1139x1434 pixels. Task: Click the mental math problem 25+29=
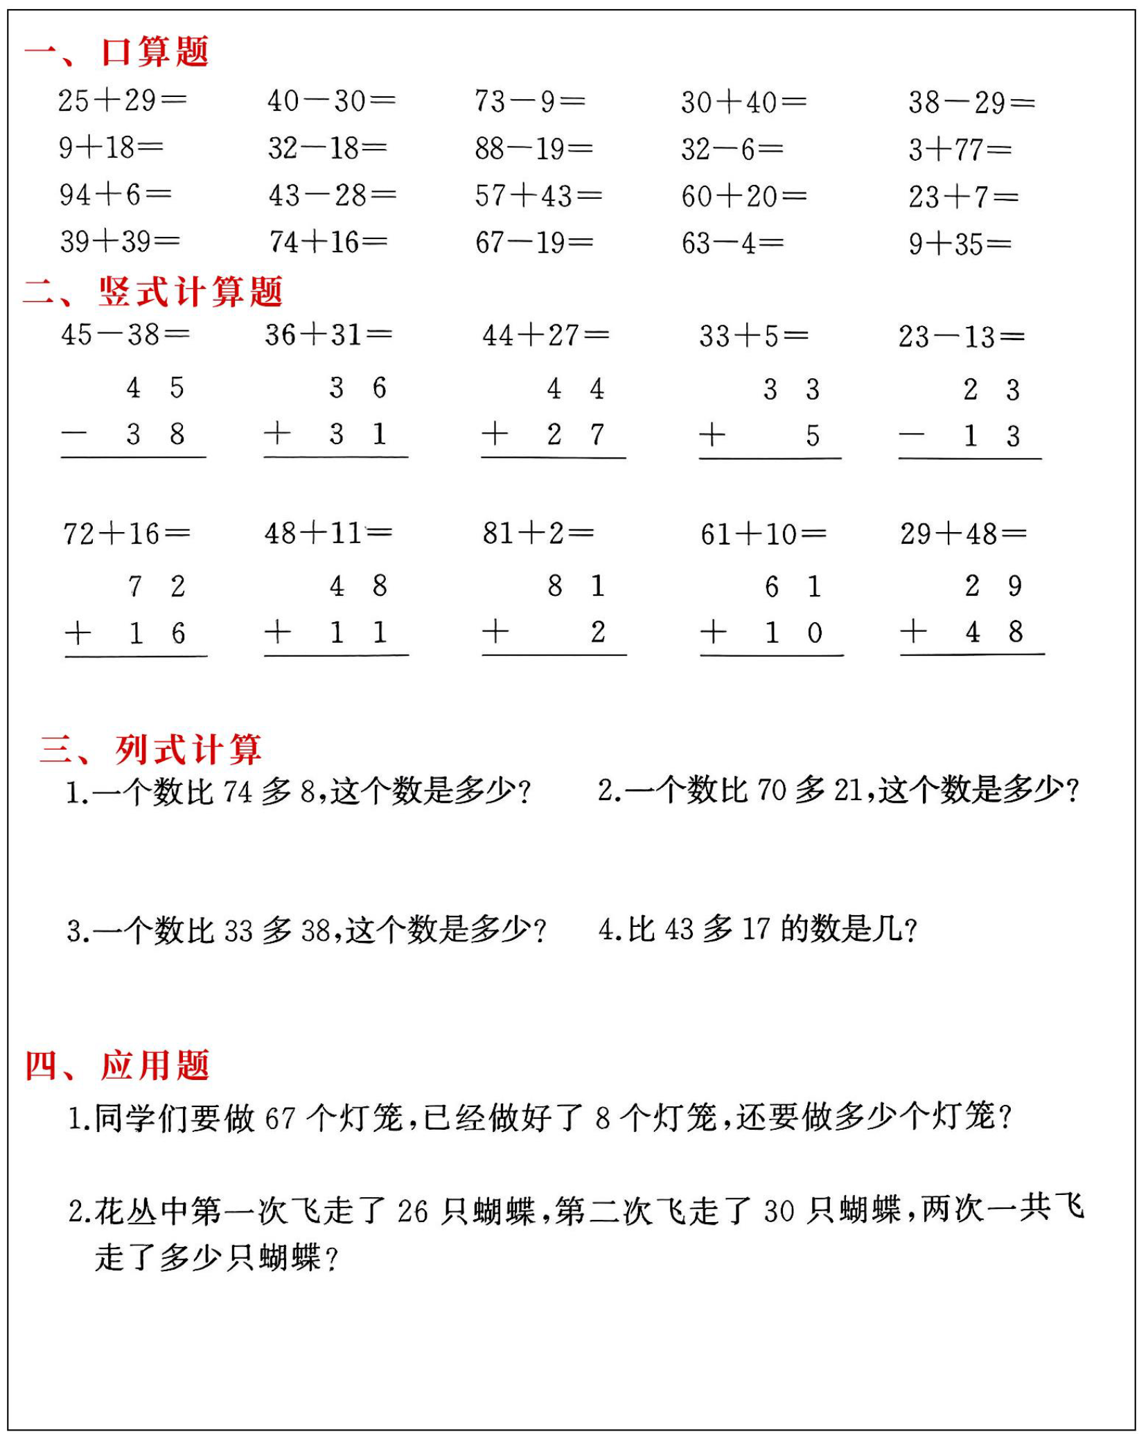(122, 101)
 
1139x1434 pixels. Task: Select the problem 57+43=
(538, 196)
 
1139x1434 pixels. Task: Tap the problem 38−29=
(971, 103)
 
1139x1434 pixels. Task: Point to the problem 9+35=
(960, 244)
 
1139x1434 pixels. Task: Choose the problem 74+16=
(328, 242)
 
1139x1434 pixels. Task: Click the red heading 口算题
(154, 52)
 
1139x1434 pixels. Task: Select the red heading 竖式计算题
(191, 292)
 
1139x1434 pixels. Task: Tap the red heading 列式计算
(188, 750)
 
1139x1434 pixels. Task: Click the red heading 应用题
(154, 1065)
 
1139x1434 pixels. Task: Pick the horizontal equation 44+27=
(545, 336)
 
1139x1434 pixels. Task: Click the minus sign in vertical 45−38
(74, 434)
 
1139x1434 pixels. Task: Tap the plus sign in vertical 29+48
(913, 631)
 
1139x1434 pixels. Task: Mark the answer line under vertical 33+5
(770, 459)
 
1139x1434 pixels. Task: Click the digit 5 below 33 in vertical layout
(813, 436)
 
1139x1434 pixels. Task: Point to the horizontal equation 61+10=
(763, 534)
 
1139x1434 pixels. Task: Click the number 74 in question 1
(237, 792)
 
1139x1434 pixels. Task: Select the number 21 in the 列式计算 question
(848, 790)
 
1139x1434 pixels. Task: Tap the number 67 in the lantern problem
(280, 1119)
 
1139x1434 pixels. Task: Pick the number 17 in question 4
(756, 930)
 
